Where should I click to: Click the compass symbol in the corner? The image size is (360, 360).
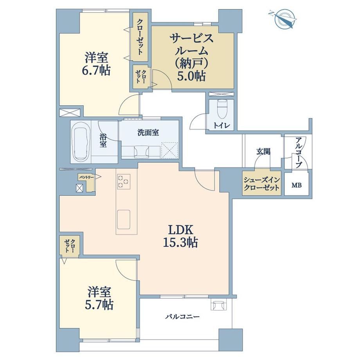pos(284,19)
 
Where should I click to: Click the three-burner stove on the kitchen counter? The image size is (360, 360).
pos(124,182)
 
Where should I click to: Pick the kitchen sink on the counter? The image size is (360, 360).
pos(124,219)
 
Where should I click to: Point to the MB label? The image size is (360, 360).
pos(296,185)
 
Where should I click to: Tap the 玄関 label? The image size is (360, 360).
pos(263,151)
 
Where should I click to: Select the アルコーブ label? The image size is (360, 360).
pos(299,152)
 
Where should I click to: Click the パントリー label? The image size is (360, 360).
pos(86,177)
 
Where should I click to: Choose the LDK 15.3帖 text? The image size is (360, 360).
pos(180,236)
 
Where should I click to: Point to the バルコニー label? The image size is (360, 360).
pos(182,317)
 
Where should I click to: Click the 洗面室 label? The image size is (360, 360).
pos(148,133)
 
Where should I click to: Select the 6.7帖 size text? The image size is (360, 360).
pos(96,70)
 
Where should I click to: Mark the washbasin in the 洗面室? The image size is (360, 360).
pos(141,152)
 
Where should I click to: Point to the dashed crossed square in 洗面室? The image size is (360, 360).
pos(170,150)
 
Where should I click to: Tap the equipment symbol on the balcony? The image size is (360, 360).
pos(219,305)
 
